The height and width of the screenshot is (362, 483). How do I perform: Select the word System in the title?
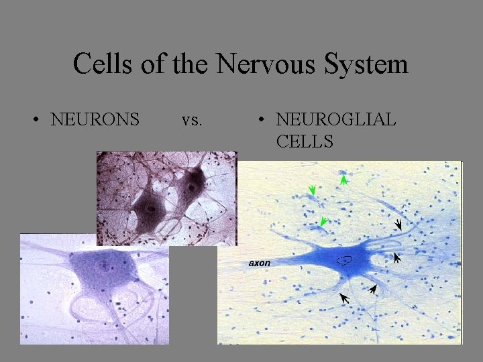[x=368, y=64]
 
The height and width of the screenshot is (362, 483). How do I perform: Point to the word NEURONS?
[x=95, y=120]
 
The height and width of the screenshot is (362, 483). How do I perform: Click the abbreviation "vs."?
[x=192, y=120]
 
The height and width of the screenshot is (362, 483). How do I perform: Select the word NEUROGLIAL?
[x=336, y=120]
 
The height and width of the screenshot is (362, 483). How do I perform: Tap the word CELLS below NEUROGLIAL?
[x=304, y=141]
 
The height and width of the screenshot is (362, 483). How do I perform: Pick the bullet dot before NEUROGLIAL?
[x=262, y=121]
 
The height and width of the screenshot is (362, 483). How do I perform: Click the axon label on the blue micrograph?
[x=260, y=263]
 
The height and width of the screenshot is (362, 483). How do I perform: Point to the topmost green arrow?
[x=343, y=178]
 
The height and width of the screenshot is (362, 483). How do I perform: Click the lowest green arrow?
[x=324, y=221]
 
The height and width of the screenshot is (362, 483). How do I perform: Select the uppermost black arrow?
[x=398, y=225]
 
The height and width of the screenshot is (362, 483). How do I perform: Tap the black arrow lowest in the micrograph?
[x=345, y=298]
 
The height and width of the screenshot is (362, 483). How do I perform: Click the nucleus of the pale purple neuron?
[x=104, y=265]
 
